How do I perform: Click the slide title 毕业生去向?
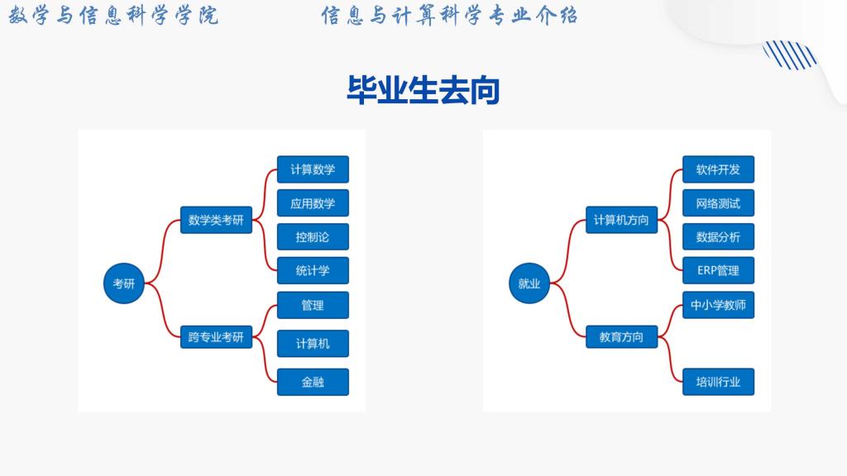point(423,90)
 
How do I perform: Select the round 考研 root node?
point(123,283)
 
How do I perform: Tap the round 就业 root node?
point(529,283)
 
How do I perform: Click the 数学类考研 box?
point(216,220)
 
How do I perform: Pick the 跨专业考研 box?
point(216,336)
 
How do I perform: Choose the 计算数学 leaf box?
point(313,169)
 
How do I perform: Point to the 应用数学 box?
point(313,203)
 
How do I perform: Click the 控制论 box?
point(313,237)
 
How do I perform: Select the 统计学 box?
point(313,270)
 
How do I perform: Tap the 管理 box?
point(313,305)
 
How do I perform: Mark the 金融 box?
point(313,382)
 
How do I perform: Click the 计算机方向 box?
point(621,220)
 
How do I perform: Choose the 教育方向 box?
point(621,336)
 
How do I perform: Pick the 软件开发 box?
point(718,169)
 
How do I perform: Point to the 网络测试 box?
point(718,203)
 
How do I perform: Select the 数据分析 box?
point(718,237)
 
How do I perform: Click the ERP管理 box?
point(718,270)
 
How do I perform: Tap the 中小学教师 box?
point(718,305)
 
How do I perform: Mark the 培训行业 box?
point(718,382)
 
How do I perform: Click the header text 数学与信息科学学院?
point(114,17)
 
